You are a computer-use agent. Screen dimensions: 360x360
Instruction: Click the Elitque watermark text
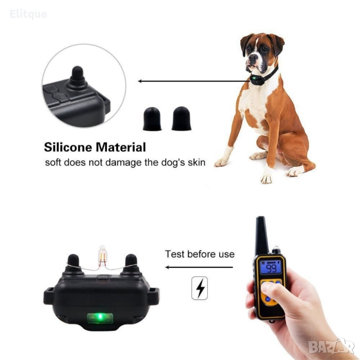[29, 14]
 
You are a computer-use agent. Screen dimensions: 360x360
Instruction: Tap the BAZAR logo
[331, 346]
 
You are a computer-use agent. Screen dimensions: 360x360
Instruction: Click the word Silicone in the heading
[68, 147]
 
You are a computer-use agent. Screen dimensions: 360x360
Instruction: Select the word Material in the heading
[121, 147]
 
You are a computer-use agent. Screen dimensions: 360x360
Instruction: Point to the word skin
[196, 162]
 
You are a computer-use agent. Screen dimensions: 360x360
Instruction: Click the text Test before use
[200, 254]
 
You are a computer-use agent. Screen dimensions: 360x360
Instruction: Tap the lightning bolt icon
[200, 288]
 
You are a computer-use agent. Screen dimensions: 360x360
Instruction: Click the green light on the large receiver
[100, 318]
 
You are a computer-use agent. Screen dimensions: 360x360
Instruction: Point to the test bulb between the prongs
[102, 255]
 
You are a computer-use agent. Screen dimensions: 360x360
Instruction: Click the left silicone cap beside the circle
[152, 119]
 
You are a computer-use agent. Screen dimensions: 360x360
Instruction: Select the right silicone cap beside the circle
[181, 119]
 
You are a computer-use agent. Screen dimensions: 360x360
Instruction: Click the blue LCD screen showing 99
[270, 267]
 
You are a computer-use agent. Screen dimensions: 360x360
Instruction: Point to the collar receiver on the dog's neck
[256, 80]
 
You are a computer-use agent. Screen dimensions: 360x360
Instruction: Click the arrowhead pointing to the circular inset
[140, 81]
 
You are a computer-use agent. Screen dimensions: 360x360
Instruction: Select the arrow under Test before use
[199, 267]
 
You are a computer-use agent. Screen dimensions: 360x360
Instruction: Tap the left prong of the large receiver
[74, 264]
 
